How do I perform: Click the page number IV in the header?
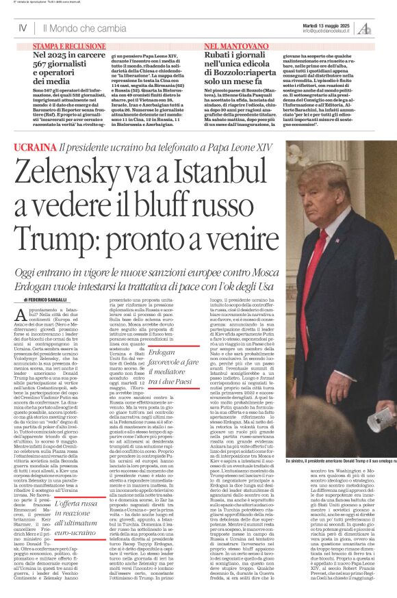pyautogui.click(x=23, y=28)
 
